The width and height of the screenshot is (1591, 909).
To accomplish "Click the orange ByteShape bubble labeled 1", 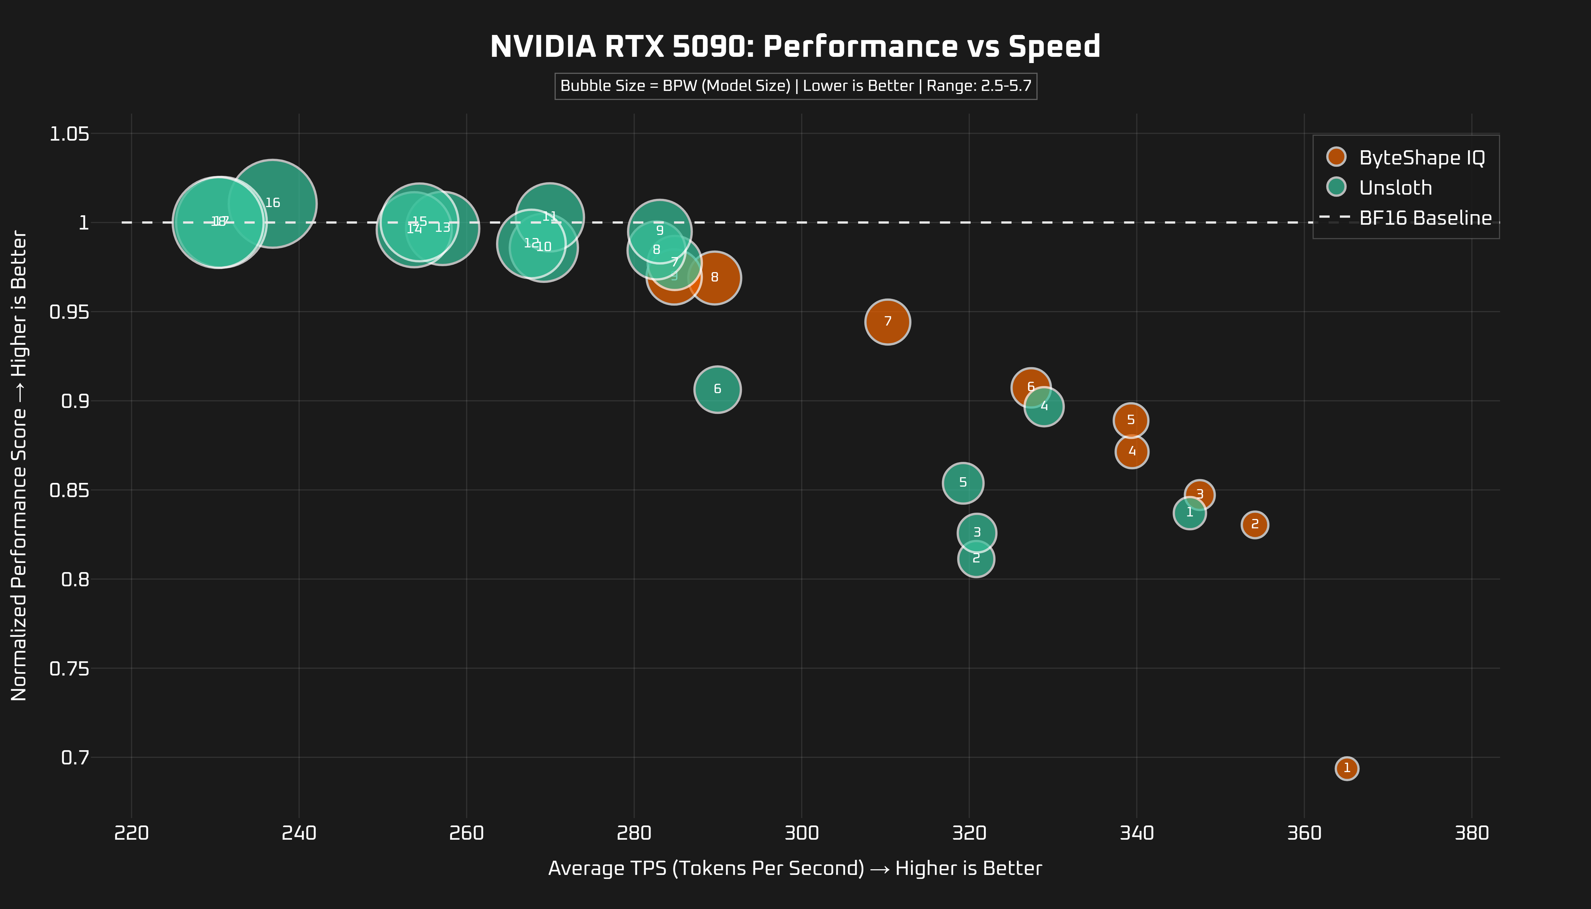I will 1347,768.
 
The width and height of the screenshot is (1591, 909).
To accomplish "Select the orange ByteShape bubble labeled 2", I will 1254,524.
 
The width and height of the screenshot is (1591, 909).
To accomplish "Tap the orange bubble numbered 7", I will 887,322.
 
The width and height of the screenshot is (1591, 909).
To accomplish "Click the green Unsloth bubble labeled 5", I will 963,483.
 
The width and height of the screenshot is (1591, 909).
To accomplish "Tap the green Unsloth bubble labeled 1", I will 1190,512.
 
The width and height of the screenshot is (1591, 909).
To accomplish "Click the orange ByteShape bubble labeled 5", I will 1131,420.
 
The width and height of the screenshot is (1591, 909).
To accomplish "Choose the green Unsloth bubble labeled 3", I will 976,533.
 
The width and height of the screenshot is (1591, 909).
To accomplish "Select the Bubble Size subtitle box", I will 795,86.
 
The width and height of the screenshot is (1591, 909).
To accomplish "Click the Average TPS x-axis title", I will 795,868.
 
